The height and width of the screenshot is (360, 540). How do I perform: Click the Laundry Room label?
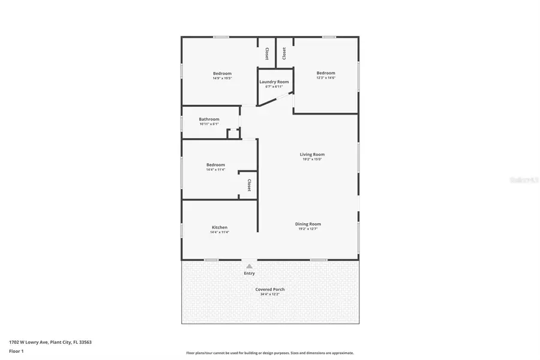(274, 82)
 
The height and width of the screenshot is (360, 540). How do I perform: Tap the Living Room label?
(312, 154)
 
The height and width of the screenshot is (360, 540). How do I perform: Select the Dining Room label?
(308, 224)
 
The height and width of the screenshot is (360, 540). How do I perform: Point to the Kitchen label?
(220, 227)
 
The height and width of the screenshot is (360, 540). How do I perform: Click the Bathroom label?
(209, 119)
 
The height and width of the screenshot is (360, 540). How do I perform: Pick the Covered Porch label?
(270, 289)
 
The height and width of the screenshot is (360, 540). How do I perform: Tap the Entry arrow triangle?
(249, 266)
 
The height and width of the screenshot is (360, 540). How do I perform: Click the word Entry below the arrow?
(249, 274)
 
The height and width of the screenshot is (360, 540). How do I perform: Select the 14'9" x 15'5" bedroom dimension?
(222, 78)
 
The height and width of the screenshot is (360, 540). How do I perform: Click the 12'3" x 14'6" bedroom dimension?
(326, 78)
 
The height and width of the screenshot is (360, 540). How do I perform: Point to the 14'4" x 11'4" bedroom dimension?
(215, 170)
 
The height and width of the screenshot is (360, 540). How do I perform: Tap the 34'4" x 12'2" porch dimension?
(270, 294)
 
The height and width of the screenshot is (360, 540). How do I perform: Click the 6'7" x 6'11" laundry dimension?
(274, 86)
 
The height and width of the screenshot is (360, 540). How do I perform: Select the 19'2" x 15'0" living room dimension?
(312, 159)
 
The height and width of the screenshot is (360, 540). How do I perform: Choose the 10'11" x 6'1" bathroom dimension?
(209, 124)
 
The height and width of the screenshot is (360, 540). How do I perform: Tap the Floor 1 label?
(16, 351)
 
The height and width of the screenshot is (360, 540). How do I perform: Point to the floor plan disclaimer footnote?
(270, 353)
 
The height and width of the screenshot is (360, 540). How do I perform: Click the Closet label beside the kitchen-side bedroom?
(248, 185)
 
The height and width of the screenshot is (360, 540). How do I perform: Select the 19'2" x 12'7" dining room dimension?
(308, 229)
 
